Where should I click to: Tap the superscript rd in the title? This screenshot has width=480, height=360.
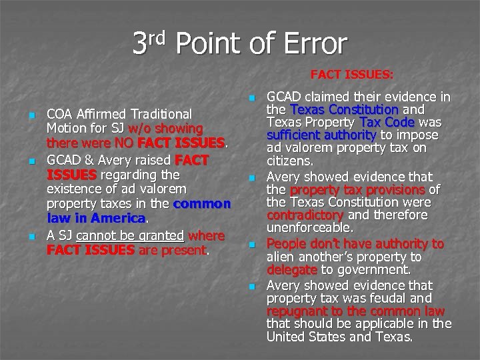[163, 35]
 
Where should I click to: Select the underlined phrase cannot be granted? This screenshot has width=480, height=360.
[131, 235]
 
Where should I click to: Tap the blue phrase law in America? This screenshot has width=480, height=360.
[96, 218]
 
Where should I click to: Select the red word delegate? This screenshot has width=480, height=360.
[292, 271]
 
